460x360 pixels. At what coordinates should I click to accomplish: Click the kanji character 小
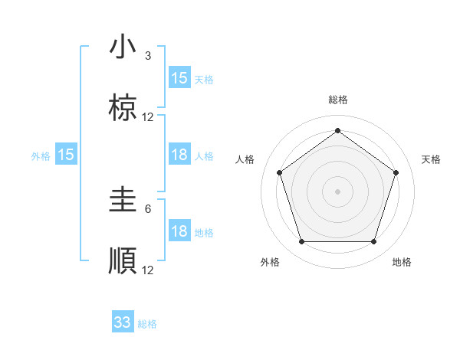click(123, 47)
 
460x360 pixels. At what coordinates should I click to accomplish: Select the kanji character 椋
click(123, 109)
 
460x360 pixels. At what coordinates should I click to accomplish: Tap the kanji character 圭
click(123, 201)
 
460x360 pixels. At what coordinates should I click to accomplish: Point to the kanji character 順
click(123, 261)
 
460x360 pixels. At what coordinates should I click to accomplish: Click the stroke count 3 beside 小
click(148, 56)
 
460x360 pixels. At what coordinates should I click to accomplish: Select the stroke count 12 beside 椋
click(148, 117)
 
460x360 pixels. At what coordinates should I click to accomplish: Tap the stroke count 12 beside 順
click(148, 270)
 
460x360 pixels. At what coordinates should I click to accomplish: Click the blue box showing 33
click(123, 322)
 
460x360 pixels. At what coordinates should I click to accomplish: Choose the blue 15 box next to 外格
click(66, 155)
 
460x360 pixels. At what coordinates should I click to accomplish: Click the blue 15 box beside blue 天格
click(179, 78)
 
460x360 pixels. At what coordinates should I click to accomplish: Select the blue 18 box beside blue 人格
click(179, 155)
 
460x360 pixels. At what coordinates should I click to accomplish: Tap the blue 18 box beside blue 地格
click(179, 231)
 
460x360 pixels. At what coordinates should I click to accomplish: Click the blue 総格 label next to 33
click(147, 324)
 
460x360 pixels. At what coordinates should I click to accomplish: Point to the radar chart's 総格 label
click(337, 100)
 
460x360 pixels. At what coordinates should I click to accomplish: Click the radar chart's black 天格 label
click(432, 159)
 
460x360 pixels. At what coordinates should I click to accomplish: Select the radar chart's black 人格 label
click(245, 159)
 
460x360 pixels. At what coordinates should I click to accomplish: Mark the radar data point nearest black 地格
click(373, 242)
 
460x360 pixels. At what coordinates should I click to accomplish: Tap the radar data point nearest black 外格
click(301, 242)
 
